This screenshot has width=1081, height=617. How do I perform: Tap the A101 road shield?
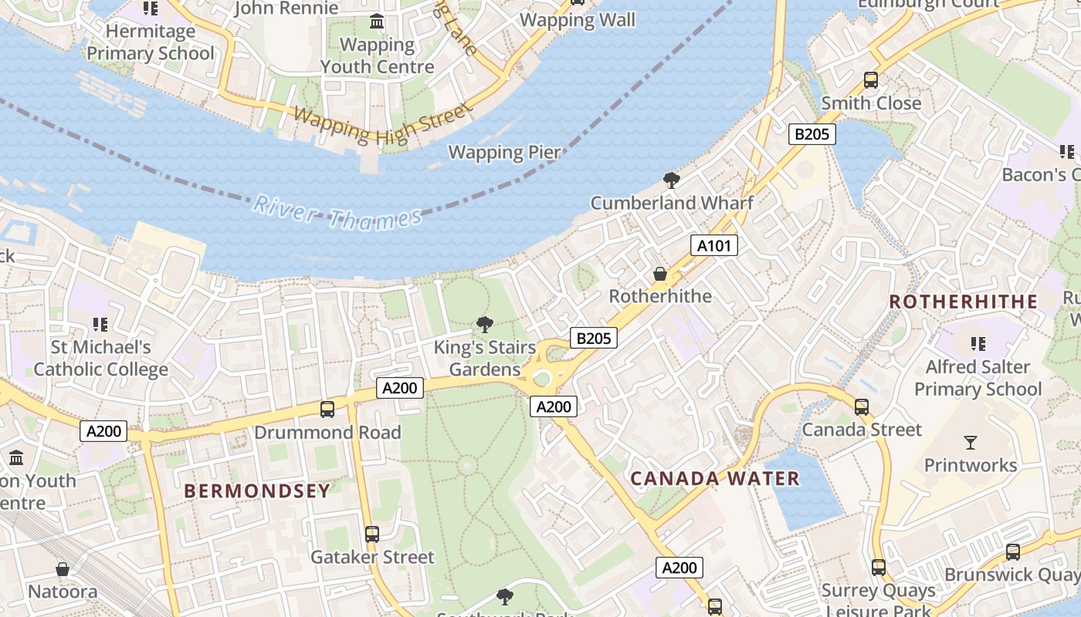713,245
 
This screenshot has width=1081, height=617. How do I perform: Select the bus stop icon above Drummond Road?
327,409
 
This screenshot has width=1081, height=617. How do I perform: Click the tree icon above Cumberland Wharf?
672,180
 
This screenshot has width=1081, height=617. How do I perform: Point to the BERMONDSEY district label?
257,491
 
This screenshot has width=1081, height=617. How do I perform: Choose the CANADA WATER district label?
715,478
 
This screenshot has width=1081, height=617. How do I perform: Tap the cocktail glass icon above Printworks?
971,442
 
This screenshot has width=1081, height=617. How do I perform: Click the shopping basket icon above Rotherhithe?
660,274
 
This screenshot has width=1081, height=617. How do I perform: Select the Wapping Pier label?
505,152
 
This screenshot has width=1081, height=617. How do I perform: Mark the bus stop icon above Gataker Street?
372,534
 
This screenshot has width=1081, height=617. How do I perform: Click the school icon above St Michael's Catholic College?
100,325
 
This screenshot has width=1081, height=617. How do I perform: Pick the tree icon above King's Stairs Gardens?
485,324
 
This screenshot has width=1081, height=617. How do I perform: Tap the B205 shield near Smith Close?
812,134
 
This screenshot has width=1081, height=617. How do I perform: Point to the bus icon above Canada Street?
862,406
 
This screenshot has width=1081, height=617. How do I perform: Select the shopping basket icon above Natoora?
63,569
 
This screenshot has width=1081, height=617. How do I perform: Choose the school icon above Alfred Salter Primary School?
978,343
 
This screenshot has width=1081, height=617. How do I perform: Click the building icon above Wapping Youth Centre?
377,22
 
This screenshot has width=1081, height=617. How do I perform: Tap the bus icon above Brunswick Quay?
1013,551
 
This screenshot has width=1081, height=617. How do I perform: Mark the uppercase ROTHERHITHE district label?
963,302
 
